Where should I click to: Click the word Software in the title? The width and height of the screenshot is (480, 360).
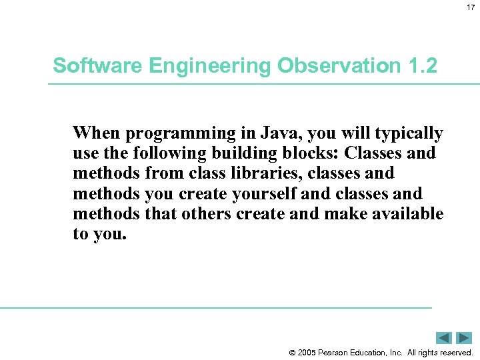pyautogui.click(x=87, y=66)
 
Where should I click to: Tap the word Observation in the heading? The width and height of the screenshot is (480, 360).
pyautogui.click(x=323, y=66)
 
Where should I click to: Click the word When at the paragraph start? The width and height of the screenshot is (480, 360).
pyautogui.click(x=94, y=133)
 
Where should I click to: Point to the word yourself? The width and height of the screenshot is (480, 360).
pyautogui.click(x=265, y=193)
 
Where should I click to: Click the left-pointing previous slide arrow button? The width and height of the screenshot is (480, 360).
pyautogui.click(x=445, y=338)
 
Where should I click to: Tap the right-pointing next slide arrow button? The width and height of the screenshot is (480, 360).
pyautogui.click(x=464, y=338)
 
